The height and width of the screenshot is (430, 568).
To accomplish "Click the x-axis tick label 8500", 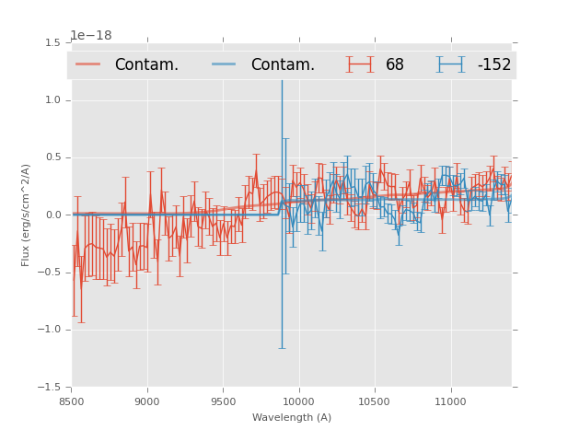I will (x=72, y=401).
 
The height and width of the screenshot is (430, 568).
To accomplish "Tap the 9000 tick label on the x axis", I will (x=147, y=401).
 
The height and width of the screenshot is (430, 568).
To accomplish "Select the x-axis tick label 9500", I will (x=223, y=401).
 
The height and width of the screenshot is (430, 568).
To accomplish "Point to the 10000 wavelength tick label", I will (x=298, y=401).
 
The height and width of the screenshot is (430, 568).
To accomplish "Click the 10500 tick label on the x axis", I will (x=375, y=401).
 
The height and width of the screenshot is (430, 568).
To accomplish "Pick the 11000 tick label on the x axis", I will (x=450, y=401).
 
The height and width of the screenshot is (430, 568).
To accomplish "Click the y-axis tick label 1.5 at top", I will (x=52, y=43).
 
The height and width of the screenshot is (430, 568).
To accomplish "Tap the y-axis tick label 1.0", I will (x=52, y=100).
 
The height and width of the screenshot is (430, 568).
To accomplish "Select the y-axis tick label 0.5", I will (x=52, y=157).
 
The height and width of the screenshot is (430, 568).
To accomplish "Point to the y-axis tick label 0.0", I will (x=52, y=215).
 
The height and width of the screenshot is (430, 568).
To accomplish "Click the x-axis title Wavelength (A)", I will (x=292, y=418).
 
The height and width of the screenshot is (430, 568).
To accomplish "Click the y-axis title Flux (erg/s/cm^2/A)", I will (x=27, y=215).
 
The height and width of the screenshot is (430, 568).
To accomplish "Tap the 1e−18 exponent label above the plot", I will (x=91, y=35).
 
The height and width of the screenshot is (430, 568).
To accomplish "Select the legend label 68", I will (x=395, y=65).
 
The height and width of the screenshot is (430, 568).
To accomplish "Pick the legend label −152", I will (x=493, y=65).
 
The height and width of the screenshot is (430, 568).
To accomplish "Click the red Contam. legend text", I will (x=146, y=65).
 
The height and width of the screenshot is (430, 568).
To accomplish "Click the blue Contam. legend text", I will (x=283, y=65).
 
